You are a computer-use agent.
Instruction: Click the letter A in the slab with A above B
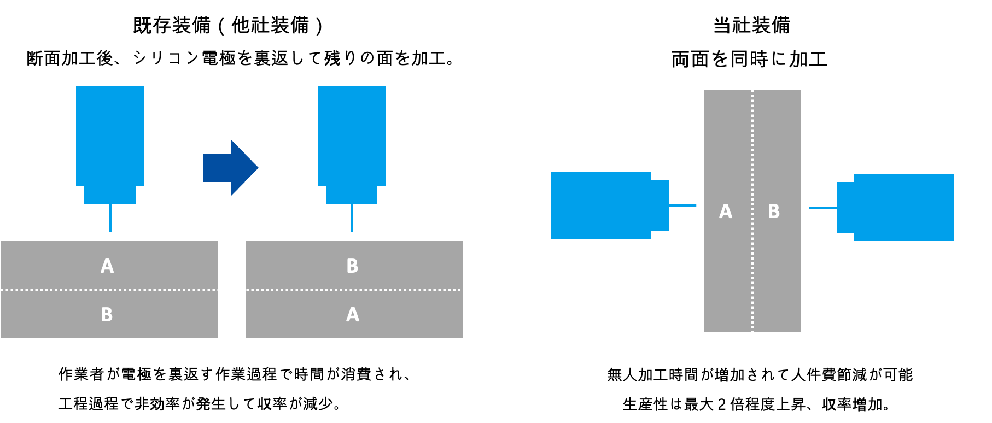click(107, 266)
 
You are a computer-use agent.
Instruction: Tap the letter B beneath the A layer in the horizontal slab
click(107, 315)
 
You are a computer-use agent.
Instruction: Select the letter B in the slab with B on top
click(352, 266)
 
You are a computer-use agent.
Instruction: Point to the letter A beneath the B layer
click(353, 315)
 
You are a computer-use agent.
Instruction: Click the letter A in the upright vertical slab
click(726, 211)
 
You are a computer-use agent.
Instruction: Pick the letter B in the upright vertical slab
click(774, 211)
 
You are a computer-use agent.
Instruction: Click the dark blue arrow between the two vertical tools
click(230, 168)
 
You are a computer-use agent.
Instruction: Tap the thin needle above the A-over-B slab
click(110, 218)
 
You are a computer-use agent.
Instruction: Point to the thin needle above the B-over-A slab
click(352, 218)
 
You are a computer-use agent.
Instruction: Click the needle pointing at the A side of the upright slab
click(682, 206)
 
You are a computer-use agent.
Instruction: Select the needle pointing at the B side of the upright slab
click(822, 208)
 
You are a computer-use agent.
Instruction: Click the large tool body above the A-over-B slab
click(110, 136)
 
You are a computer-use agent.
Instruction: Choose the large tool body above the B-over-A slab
click(352, 136)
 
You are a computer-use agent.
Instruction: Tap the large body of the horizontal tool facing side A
click(600, 205)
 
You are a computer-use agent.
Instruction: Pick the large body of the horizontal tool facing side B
click(904, 207)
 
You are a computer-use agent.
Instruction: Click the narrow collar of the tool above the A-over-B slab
click(110, 195)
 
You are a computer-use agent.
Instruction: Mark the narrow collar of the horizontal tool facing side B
click(845, 207)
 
